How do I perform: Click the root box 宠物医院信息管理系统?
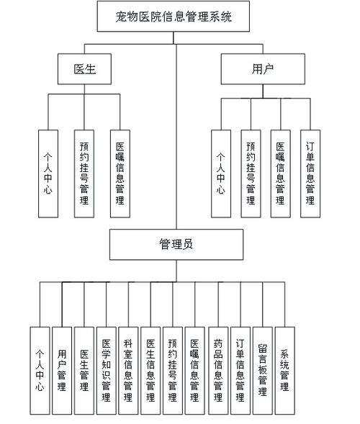(174, 17)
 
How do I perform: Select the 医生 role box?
(84, 69)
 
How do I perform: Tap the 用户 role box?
(263, 69)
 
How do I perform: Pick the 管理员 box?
(176, 245)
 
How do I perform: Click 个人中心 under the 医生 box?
(48, 173)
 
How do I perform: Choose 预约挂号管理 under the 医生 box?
(84, 173)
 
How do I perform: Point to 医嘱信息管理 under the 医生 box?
(120, 173)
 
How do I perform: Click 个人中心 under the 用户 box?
(221, 173)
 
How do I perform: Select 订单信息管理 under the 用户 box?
(310, 173)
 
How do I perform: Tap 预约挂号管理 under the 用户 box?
(251, 173)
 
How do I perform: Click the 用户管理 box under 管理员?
(62, 371)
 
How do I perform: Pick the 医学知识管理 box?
(107, 371)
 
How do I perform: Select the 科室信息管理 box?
(128, 371)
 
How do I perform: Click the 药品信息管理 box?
(218, 371)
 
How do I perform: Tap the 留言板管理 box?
(263, 371)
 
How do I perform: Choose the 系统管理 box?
(285, 371)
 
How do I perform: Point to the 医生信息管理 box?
(150, 371)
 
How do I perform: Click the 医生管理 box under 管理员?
(84, 371)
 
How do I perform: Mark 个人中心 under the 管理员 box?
(40, 371)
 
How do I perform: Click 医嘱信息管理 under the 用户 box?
(281, 173)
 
